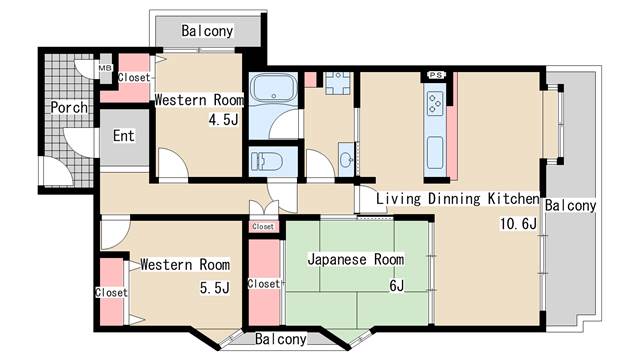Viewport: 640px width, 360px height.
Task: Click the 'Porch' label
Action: pyautogui.click(x=69, y=107)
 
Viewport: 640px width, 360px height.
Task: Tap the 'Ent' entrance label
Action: pyautogui.click(x=123, y=136)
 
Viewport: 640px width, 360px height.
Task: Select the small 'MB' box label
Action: pyautogui.click(x=105, y=69)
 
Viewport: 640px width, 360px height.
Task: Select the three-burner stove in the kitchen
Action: pyautogui.click(x=435, y=101)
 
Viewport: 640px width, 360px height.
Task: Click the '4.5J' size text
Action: pyautogui.click(x=222, y=120)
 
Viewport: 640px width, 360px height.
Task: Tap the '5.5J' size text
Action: pyautogui.click(x=214, y=288)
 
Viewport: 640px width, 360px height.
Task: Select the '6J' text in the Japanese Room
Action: pyautogui.click(x=396, y=287)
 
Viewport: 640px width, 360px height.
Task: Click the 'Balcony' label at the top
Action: pyautogui.click(x=207, y=31)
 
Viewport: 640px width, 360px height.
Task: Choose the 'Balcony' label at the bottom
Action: pyautogui.click(x=280, y=339)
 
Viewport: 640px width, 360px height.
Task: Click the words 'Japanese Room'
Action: pyautogui.click(x=356, y=260)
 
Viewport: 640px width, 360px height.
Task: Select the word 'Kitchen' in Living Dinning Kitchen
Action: pyautogui.click(x=512, y=199)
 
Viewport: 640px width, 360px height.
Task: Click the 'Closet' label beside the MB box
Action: pyautogui.click(x=134, y=77)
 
